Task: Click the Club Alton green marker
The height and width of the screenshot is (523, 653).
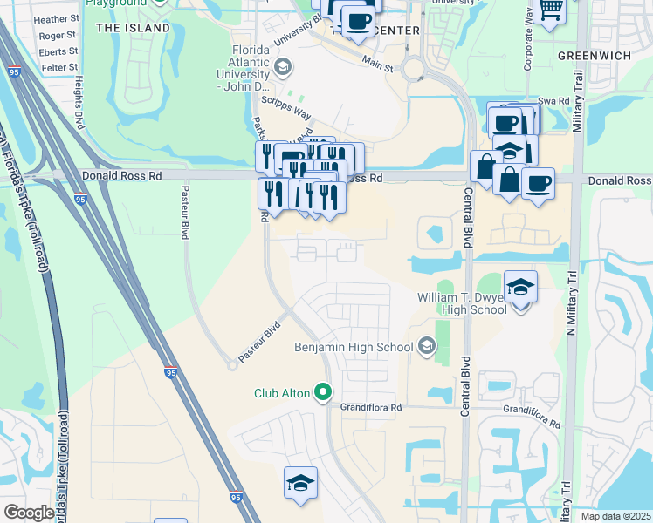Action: (323, 393)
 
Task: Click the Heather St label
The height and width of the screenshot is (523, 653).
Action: (57, 18)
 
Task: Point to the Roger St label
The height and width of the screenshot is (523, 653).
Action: (58, 36)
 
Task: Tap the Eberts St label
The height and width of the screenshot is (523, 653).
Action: (58, 51)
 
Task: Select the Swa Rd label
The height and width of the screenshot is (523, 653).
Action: (553, 101)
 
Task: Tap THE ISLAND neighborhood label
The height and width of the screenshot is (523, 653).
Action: (133, 28)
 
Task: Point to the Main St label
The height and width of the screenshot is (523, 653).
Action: (377, 65)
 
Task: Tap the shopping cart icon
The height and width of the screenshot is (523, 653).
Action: (550, 9)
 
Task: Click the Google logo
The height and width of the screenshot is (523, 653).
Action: (28, 513)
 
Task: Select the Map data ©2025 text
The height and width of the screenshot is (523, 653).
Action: (615, 516)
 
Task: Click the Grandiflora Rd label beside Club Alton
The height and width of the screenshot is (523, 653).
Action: (371, 407)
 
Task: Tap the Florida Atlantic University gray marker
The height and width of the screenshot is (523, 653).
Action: (282, 67)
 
